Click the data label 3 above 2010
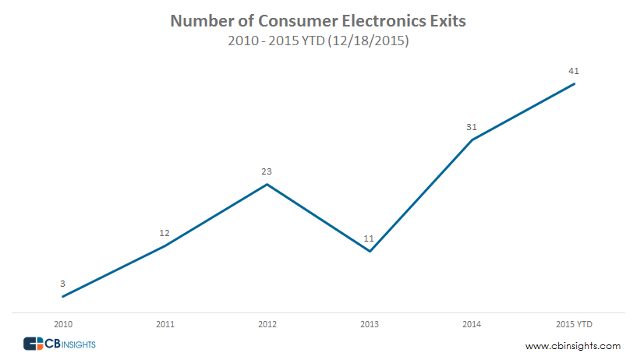62,284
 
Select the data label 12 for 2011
165,233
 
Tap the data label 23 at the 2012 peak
267,171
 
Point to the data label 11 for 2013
370,238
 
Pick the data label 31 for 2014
472,127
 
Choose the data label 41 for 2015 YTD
574,71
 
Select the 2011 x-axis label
165,323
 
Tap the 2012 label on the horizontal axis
267,323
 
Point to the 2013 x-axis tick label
370,323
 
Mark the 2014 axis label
472,323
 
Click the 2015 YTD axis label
574,323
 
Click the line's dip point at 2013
370,251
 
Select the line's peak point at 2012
267,185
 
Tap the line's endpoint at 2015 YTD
575,83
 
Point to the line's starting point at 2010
62,296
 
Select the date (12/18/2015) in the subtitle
369,42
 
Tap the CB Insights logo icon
34,344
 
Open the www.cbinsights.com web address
573,345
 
